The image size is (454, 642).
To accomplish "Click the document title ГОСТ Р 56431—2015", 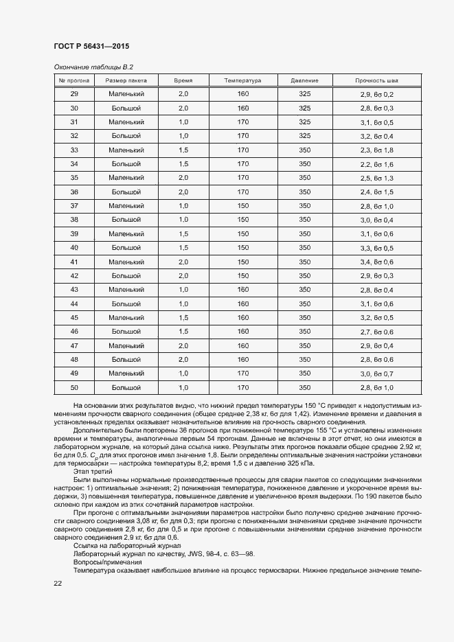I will (x=91, y=47).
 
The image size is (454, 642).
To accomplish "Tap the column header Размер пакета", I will (x=126, y=80).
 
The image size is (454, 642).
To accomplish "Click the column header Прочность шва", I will (x=376, y=80).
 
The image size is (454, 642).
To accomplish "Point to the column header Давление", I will (x=305, y=80).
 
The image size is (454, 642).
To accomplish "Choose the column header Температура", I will (x=242, y=80).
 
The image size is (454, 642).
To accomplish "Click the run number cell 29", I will (x=74, y=94).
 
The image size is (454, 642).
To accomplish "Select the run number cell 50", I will (x=74, y=388).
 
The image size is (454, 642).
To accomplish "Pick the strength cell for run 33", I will (x=376, y=150).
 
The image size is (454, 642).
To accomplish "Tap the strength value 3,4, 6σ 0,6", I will (x=376, y=262).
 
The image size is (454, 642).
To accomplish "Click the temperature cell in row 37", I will (x=242, y=206).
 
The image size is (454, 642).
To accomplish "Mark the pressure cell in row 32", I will (x=305, y=136).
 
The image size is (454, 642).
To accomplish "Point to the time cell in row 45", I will (x=183, y=318).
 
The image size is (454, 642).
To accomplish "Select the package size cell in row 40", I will (x=126, y=248).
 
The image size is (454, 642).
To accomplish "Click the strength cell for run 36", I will (x=376, y=192).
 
